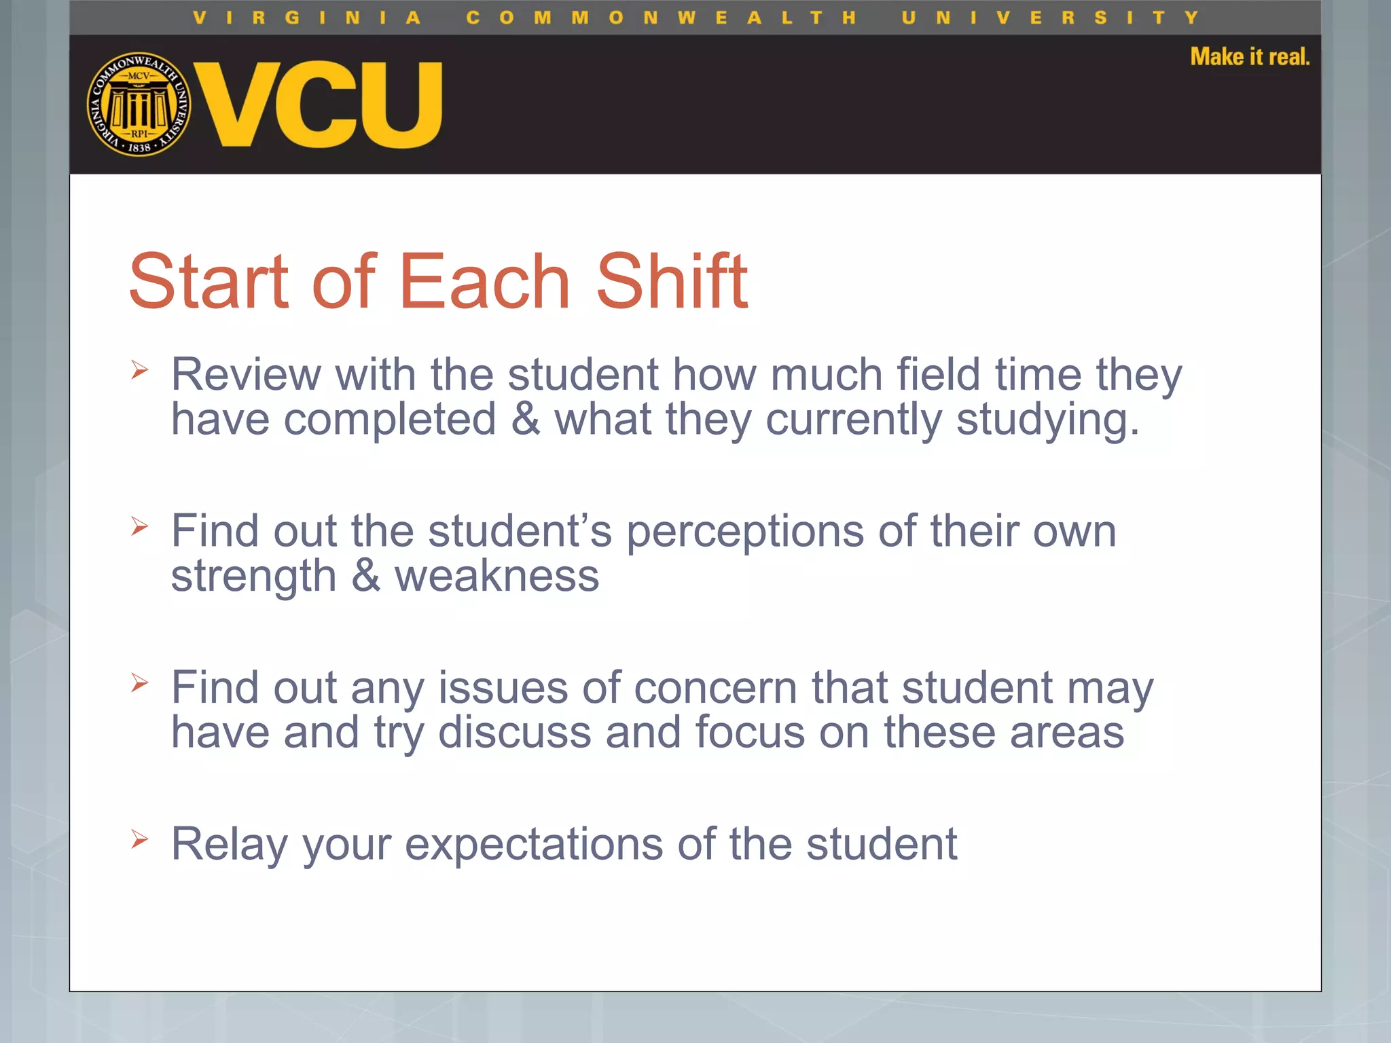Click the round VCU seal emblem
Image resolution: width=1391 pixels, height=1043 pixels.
pyautogui.click(x=139, y=104)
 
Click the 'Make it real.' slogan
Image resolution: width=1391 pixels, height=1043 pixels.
pyautogui.click(x=1249, y=56)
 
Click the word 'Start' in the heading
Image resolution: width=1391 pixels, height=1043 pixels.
pyautogui.click(x=209, y=281)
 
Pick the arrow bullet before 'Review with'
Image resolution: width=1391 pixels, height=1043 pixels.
pyautogui.click(x=140, y=370)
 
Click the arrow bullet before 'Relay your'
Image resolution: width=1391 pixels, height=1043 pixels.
pyautogui.click(x=140, y=839)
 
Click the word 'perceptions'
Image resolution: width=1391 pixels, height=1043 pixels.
pyautogui.click(x=744, y=532)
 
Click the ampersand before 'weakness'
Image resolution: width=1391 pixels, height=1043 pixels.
pyautogui.click(x=366, y=576)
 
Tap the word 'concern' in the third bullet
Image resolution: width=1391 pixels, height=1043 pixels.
pyautogui.click(x=715, y=688)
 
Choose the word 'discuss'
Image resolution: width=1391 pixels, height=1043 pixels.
pyautogui.click(x=514, y=733)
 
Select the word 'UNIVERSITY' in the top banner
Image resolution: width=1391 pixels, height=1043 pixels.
pyautogui.click(x=1050, y=18)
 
